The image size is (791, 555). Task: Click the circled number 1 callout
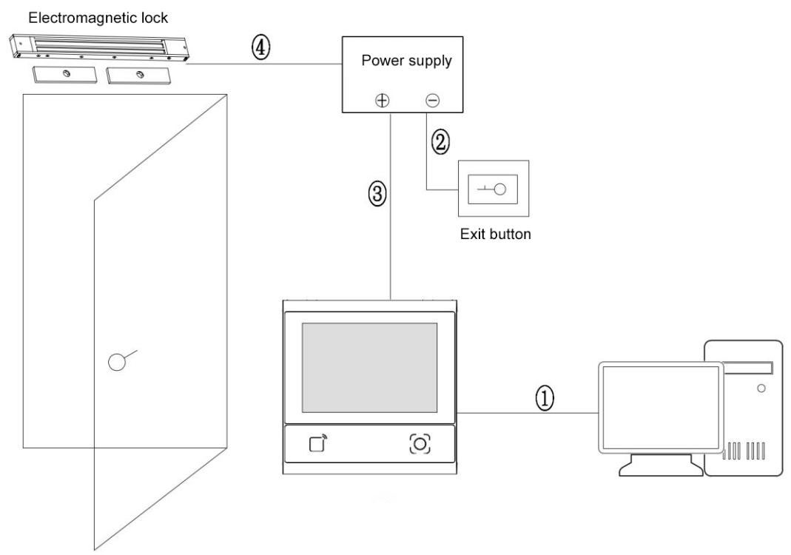coord(544,400)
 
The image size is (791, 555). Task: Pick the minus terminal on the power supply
coord(431,101)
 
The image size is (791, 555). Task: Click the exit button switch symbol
coord(493,189)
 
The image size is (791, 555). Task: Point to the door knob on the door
coord(117,362)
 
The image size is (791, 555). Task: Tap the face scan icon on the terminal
coord(420,443)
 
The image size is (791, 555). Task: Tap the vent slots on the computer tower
coord(748,451)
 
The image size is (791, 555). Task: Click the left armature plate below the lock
coord(62,75)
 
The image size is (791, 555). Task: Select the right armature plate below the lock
coord(138,75)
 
